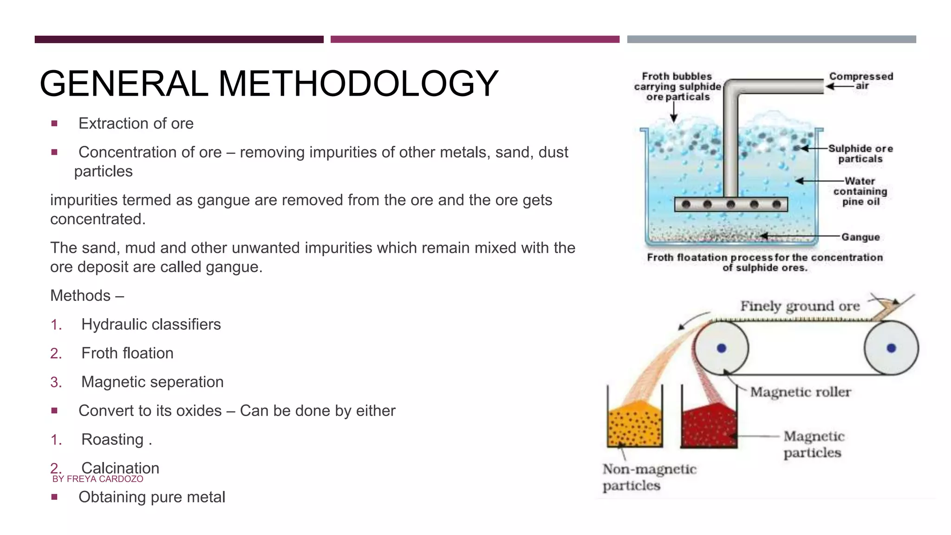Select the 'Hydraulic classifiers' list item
(151, 324)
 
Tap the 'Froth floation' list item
(127, 353)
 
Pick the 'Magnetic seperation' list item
(152, 382)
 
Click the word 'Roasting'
(112, 439)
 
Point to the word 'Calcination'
(120, 467)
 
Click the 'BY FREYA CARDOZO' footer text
(98, 479)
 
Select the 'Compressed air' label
(861, 81)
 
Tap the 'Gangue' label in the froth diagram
(860, 237)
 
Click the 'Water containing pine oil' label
(860, 191)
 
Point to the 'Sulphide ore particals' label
(860, 154)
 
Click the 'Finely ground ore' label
(800, 306)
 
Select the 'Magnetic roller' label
(801, 392)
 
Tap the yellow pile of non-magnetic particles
(634, 425)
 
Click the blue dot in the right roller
(891, 348)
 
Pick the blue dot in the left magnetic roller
(721, 348)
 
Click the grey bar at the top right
(771, 39)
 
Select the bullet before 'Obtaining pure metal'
(55, 497)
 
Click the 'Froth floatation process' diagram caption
(765, 262)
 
